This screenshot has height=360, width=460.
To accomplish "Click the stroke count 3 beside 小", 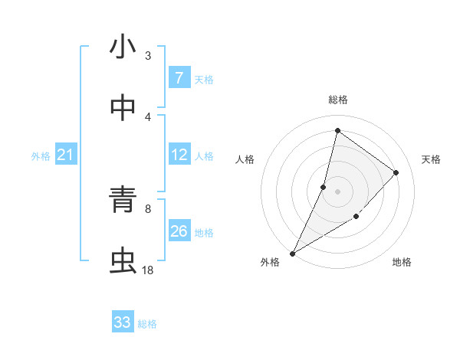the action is point(148,55).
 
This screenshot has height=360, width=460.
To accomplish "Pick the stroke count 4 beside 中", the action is point(148,116).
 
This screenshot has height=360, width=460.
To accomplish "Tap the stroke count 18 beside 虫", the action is point(148,270).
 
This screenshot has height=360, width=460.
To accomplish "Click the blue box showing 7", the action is point(179,78).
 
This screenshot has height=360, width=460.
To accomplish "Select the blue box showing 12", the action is point(179,155).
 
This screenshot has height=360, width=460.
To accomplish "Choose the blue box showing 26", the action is point(179,231).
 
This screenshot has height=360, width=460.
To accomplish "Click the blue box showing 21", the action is point(66,155).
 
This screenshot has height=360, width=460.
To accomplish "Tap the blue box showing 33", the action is point(123,322).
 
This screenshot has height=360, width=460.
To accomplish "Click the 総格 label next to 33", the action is point(147,324).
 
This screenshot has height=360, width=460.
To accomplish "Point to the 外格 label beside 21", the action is point(41,156).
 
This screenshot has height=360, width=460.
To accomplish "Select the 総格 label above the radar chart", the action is point(337,100).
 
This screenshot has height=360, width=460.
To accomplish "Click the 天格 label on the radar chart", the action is point(431,159).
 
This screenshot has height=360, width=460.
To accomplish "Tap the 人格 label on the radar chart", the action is point(245,159).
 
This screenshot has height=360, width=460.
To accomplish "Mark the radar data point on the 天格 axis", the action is point(396,172).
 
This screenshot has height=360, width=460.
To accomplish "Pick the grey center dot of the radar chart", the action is point(337,191).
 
